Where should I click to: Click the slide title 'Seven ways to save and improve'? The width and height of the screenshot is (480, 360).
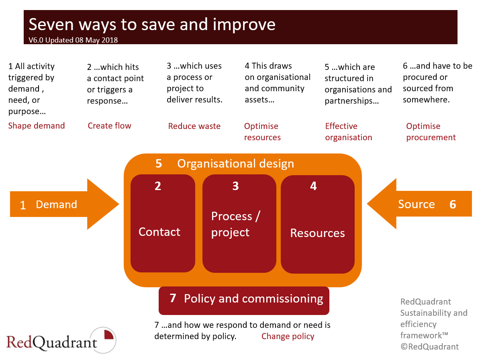(x=152, y=25)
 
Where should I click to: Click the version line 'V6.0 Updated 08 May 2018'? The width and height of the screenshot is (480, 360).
(x=73, y=40)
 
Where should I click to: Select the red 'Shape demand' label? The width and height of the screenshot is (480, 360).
(x=37, y=126)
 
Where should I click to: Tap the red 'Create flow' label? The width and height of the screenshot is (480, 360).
(x=109, y=126)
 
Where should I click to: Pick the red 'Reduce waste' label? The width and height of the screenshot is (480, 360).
(x=194, y=126)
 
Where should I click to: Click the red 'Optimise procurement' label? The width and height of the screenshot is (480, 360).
(x=431, y=132)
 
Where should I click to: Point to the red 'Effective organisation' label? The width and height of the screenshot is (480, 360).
(x=348, y=132)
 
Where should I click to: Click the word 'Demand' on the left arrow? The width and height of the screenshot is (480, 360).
(x=56, y=205)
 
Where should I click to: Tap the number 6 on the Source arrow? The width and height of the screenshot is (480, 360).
(x=453, y=205)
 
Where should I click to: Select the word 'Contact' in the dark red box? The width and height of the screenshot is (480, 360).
(x=159, y=232)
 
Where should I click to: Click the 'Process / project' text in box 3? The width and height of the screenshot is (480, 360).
(x=235, y=224)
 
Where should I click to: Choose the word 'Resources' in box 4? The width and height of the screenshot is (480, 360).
(x=317, y=233)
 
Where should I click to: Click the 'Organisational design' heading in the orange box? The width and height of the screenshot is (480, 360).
(x=235, y=164)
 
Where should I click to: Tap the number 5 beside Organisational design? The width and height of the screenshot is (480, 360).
(x=159, y=164)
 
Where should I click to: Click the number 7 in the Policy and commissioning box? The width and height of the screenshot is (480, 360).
(x=173, y=299)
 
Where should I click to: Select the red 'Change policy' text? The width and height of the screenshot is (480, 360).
(x=288, y=336)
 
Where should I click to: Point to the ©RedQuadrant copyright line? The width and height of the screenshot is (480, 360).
(x=429, y=347)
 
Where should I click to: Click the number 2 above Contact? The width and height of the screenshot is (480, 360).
(x=158, y=186)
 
